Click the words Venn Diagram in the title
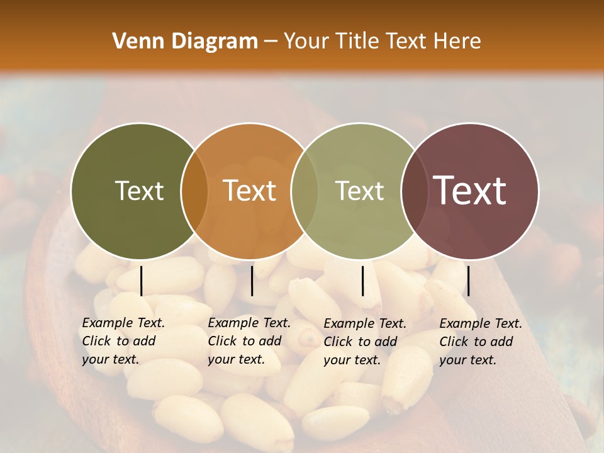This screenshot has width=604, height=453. click(x=185, y=42)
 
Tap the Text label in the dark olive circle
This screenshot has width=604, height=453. click(x=139, y=191)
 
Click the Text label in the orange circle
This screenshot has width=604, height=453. click(x=250, y=191)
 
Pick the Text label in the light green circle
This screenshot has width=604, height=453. click(x=359, y=191)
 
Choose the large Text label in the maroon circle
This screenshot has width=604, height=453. click(x=470, y=191)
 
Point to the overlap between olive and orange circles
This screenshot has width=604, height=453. click(x=194, y=191)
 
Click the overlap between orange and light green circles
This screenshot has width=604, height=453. click(x=305, y=191)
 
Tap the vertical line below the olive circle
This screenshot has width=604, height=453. click(x=141, y=281)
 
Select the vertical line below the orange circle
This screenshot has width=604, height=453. click(x=252, y=281)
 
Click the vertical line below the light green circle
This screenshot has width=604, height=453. click(x=362, y=281)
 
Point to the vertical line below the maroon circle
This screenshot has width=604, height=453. click(x=468, y=281)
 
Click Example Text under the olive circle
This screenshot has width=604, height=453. click(x=123, y=323)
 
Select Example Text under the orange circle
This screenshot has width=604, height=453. click(x=249, y=323)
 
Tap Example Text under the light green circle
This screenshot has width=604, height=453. click(x=365, y=323)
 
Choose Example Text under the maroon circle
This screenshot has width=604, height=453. click(x=481, y=323)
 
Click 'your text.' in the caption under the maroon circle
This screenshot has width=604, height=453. click(x=467, y=360)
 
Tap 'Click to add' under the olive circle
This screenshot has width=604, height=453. click(x=119, y=341)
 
